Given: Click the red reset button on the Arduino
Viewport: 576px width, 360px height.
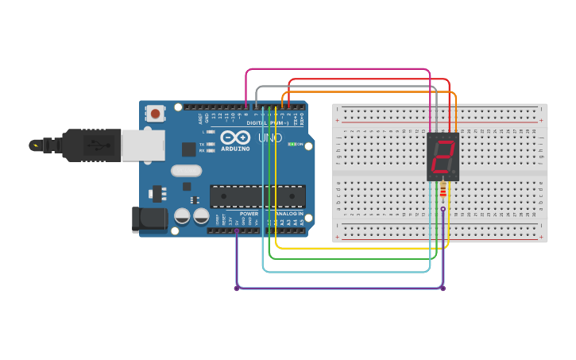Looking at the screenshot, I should click(x=155, y=114).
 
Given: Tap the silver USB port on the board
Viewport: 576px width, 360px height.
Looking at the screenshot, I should click(x=143, y=145).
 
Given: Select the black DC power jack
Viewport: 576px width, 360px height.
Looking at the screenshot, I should click(x=149, y=219).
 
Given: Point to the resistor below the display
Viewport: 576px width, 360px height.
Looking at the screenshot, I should click(x=443, y=192).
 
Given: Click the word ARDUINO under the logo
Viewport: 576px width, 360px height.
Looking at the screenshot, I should click(x=234, y=149).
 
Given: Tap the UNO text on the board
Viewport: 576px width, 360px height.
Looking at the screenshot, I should click(x=270, y=138).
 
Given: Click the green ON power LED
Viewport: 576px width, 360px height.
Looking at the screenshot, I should click(x=292, y=144).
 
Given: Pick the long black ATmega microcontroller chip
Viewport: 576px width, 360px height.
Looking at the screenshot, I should click(x=257, y=196).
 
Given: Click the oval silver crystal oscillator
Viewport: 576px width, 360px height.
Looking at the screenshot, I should click(x=186, y=170).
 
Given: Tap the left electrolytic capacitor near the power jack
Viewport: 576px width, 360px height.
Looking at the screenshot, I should click(x=182, y=216).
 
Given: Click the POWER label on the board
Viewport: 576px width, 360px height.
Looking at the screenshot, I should click(x=249, y=214).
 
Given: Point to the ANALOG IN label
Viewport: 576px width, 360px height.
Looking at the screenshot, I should click(x=289, y=214).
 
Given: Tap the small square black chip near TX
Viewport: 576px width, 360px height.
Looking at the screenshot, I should click(x=188, y=149).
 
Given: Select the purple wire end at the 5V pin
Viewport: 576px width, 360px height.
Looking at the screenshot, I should click(x=237, y=230).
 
